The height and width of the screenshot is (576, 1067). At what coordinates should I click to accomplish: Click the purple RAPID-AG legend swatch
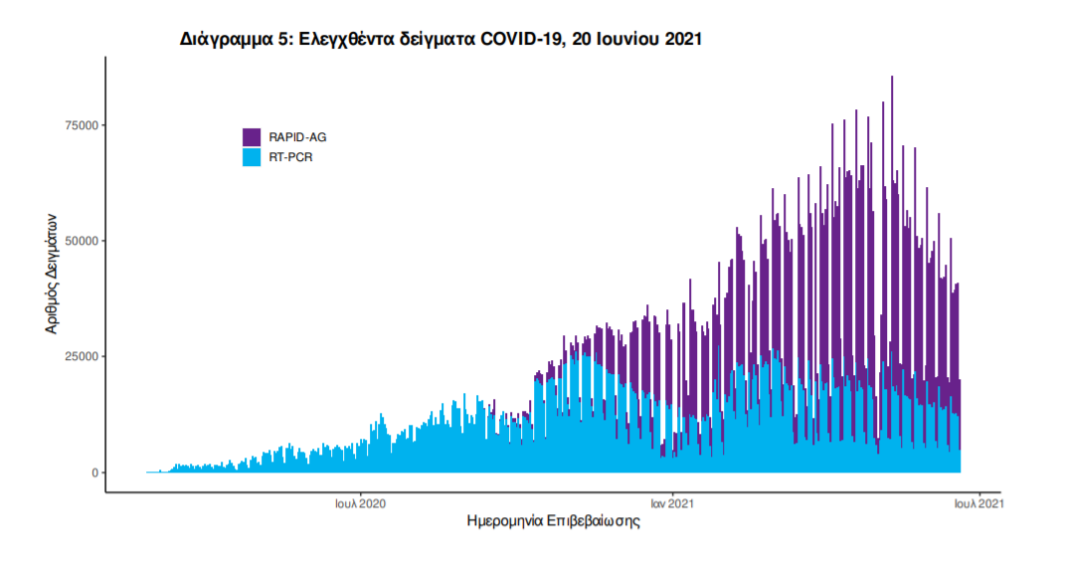pyautogui.click(x=252, y=137)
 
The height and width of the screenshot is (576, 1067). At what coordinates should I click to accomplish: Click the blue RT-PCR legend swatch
pyautogui.click(x=252, y=157)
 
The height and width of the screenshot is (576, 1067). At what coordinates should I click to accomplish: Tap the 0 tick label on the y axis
pyautogui.click(x=95, y=473)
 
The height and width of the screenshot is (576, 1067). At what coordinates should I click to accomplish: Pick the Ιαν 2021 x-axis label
pyautogui.click(x=672, y=504)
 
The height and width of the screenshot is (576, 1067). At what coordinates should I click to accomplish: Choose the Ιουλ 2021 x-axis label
pyautogui.click(x=978, y=504)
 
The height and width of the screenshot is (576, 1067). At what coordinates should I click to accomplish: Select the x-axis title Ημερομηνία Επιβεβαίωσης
pyautogui.click(x=553, y=522)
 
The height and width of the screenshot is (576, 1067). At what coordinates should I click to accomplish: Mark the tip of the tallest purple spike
pyautogui.click(x=892, y=77)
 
